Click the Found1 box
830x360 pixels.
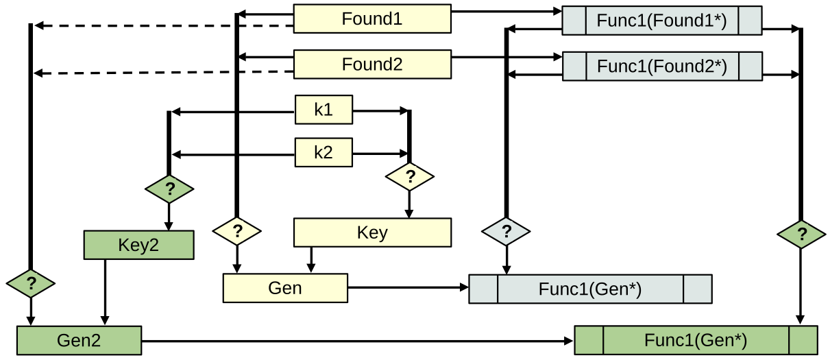372,19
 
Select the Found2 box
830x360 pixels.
372,64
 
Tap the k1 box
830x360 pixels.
324,110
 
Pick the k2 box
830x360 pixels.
324,152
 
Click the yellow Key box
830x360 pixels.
372,232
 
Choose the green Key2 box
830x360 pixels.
138,245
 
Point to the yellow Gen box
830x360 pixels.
285,287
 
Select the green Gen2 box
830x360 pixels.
79,340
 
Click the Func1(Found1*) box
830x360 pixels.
662,21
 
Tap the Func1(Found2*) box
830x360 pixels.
662,67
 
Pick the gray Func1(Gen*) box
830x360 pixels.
590,289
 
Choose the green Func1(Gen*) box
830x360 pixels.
696,340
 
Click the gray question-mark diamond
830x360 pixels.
506,231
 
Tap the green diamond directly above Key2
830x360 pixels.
169,188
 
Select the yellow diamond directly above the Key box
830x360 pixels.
410,177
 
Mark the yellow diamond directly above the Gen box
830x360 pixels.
237,231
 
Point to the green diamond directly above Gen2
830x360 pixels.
30,283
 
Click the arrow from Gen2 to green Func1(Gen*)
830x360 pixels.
356,340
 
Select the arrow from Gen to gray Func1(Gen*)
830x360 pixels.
408,287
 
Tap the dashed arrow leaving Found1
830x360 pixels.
164,26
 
